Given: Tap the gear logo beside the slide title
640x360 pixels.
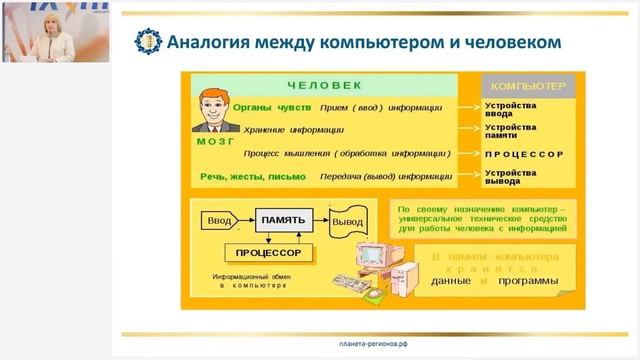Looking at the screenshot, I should tap(148, 42).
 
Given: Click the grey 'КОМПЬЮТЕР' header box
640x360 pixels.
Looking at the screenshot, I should tap(527, 86).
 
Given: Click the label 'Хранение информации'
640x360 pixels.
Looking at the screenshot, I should tap(295, 129).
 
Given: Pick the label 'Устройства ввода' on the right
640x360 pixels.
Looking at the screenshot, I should tap(511, 108).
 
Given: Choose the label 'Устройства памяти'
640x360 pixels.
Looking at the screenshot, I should tap(511, 131).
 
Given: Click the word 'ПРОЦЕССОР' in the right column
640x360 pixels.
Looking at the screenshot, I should tap(524, 154).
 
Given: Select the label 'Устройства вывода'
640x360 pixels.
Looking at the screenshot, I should tap(511, 177).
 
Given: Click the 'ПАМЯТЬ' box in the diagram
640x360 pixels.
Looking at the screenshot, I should tap(283, 218).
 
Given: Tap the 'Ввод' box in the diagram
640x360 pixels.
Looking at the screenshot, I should tap(220, 219).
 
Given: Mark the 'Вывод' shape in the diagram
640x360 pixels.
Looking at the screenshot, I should tap(348, 220).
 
